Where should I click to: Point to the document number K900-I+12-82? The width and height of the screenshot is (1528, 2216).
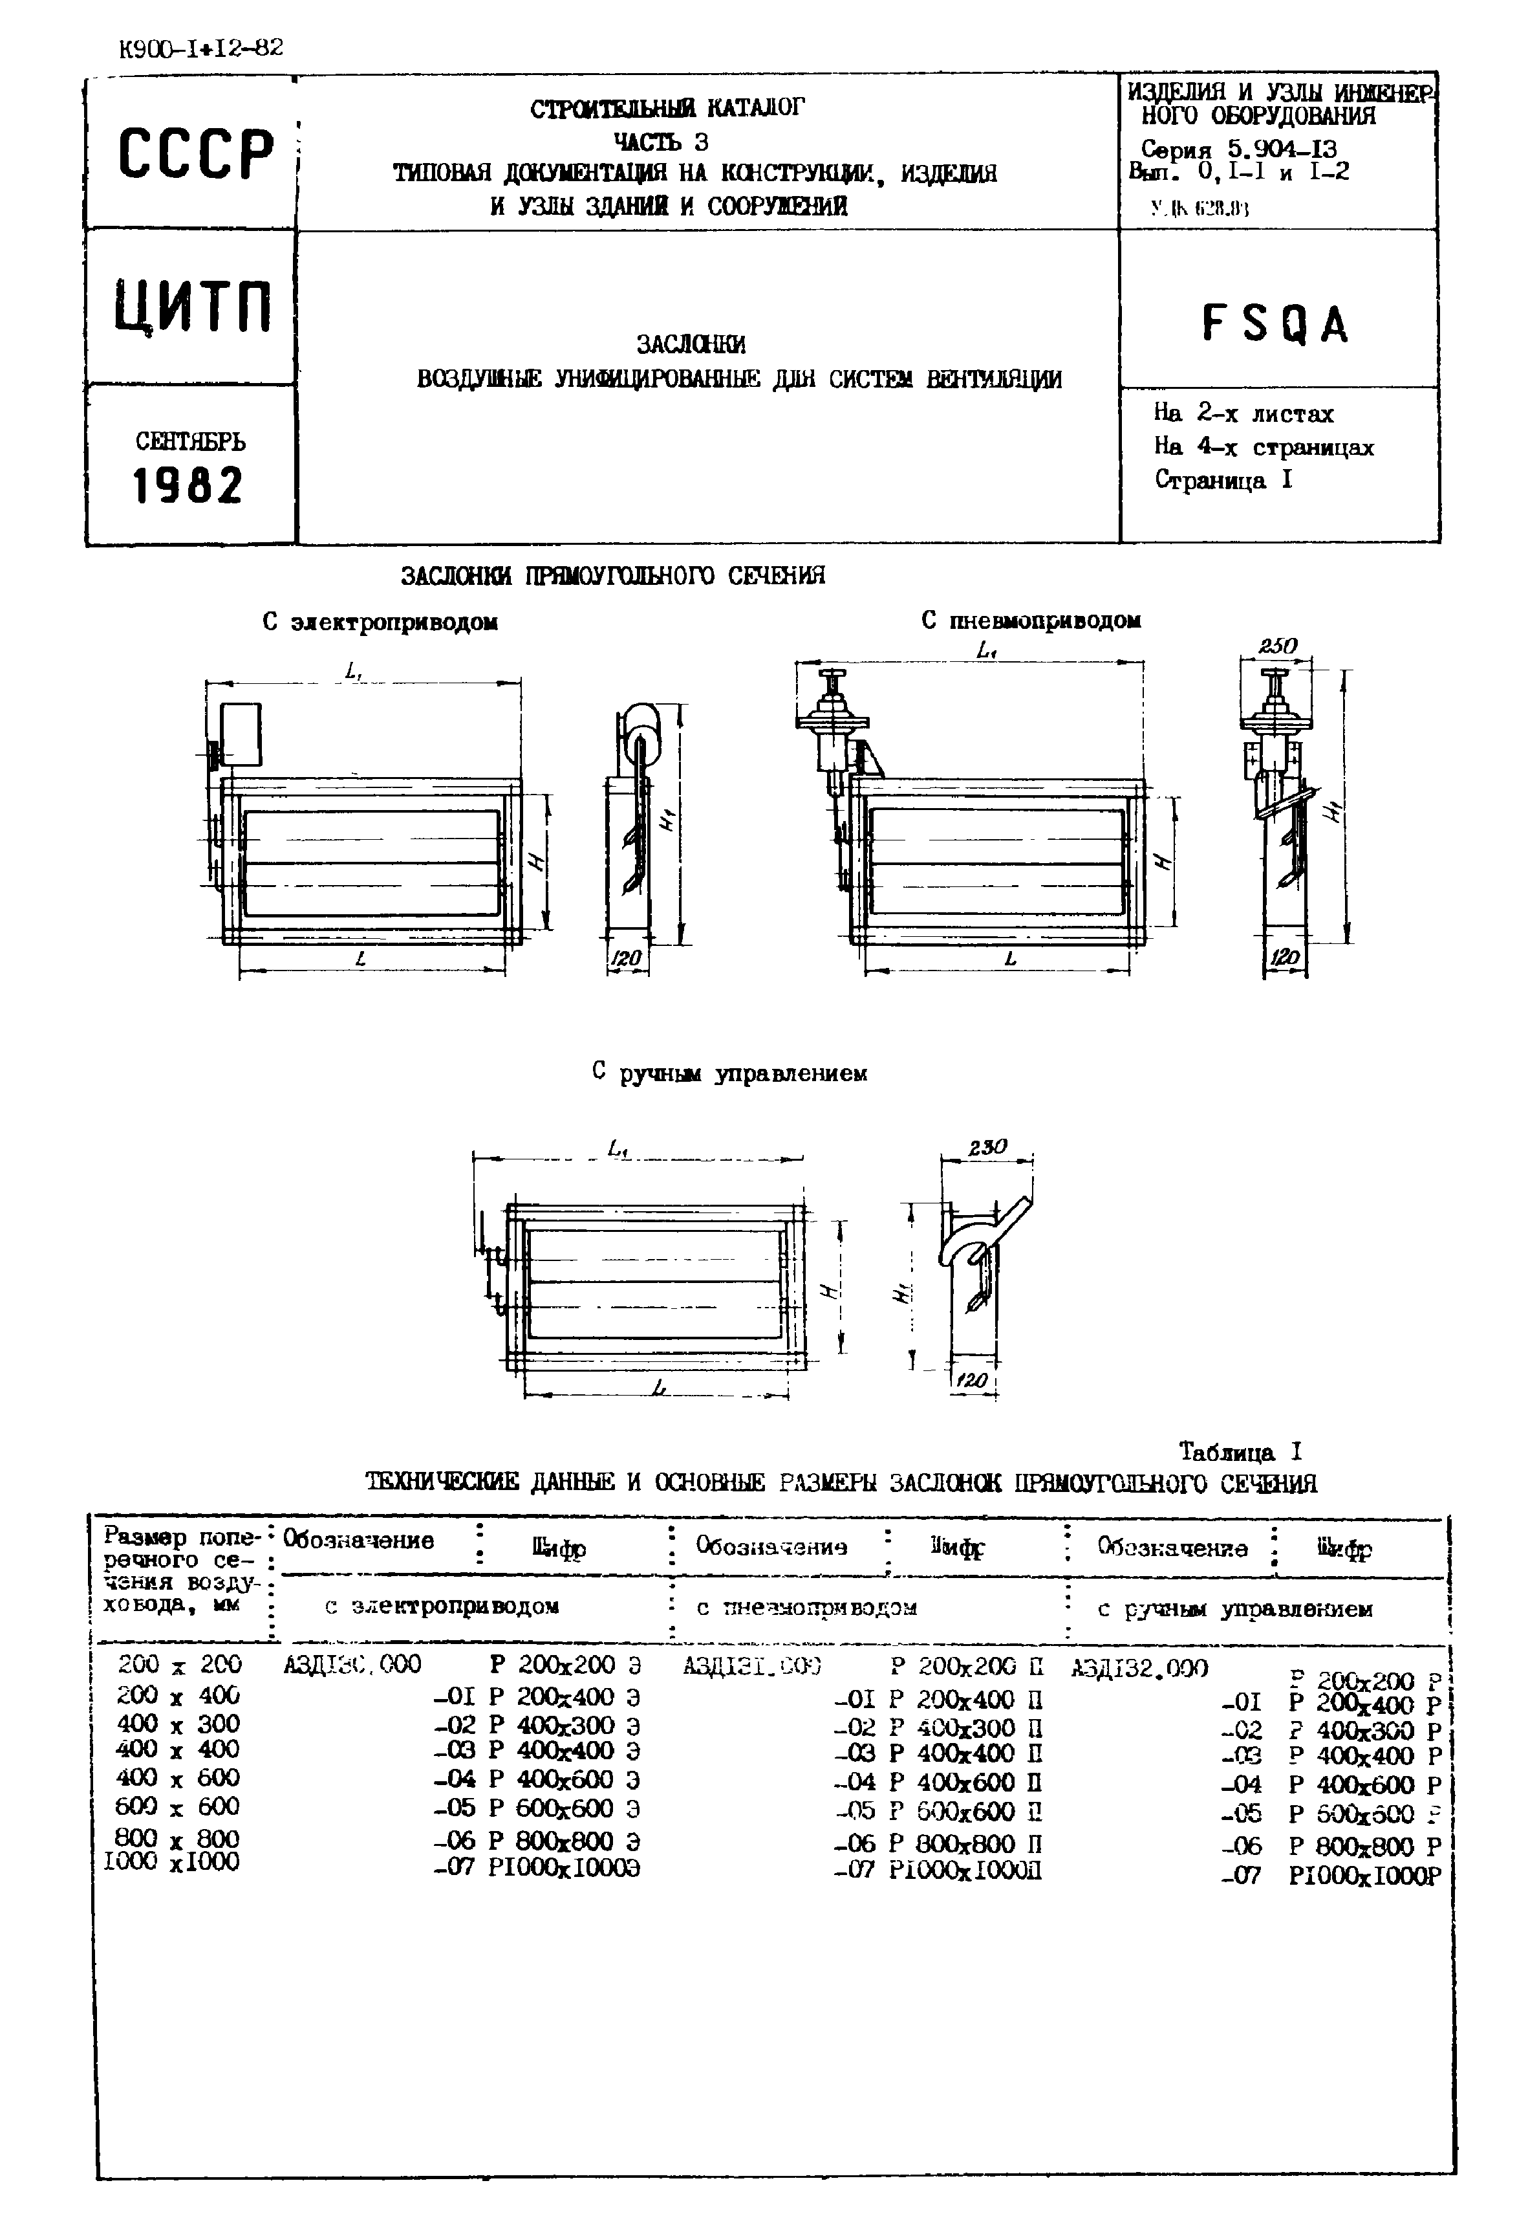[x=201, y=49]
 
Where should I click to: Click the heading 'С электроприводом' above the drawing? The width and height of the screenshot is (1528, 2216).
[x=380, y=622]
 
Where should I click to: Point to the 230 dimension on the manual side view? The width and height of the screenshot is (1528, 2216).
[x=986, y=1147]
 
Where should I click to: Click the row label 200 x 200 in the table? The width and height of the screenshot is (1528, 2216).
[x=179, y=1664]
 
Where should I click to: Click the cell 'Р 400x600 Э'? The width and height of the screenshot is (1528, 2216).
[x=564, y=1779]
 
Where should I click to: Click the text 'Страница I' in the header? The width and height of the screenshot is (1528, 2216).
[x=1223, y=481]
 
